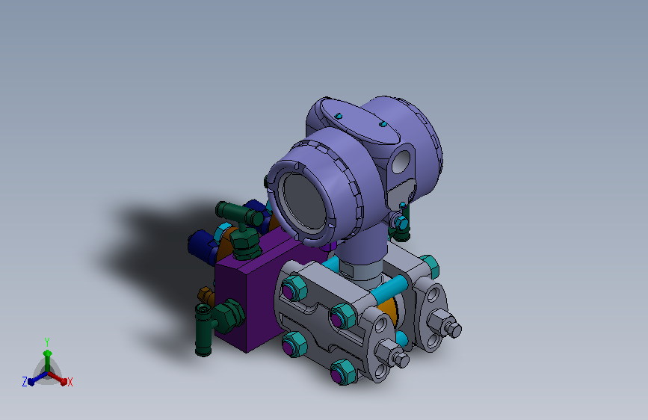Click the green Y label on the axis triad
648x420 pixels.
point(46,340)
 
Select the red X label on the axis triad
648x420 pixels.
point(70,383)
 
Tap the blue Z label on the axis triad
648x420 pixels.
point(25,381)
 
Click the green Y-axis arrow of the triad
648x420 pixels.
point(46,356)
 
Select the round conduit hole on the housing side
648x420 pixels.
point(404,158)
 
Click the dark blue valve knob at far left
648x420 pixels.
point(199,242)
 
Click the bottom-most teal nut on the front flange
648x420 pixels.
point(343,371)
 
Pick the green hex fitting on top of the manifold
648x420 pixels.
point(244,241)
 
